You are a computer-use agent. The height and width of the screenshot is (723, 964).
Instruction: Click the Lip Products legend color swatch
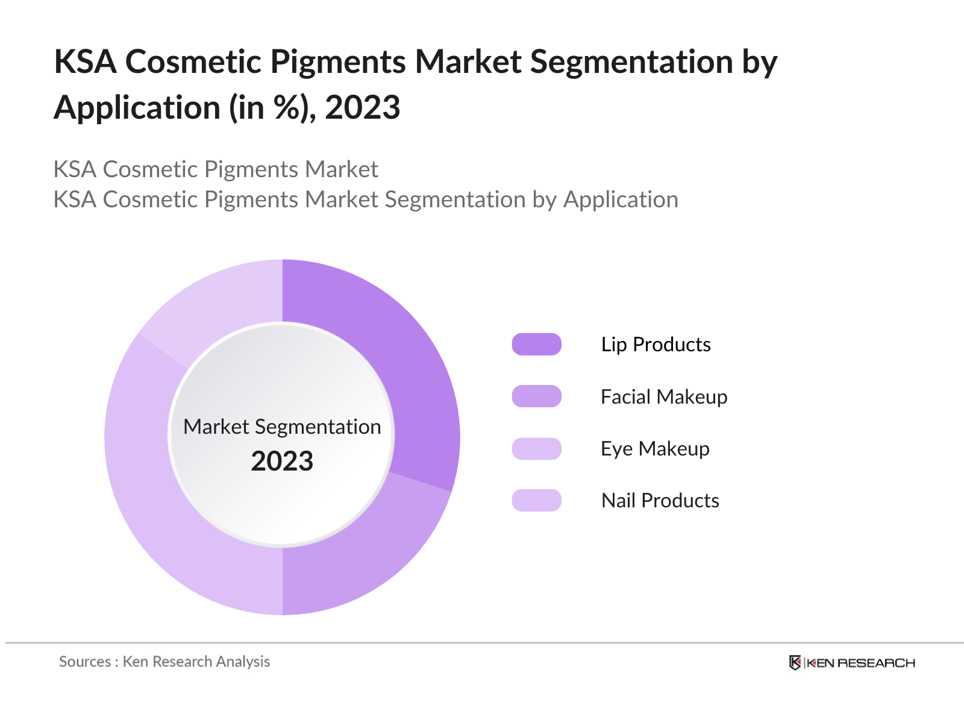click(x=536, y=344)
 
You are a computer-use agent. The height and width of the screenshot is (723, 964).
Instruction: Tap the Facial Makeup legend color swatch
click(x=536, y=396)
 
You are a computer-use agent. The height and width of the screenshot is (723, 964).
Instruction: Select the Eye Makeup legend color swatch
click(x=536, y=449)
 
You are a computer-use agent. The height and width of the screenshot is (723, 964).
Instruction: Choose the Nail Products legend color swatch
click(x=536, y=500)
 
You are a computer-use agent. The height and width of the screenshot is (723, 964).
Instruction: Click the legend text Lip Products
click(x=656, y=344)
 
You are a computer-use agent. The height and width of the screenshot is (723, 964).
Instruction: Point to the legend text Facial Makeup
click(x=664, y=396)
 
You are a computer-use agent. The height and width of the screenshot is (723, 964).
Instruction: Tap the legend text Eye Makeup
click(x=655, y=449)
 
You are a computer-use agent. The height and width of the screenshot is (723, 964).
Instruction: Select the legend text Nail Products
click(x=660, y=500)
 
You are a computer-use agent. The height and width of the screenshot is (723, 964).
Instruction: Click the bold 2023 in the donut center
click(x=282, y=462)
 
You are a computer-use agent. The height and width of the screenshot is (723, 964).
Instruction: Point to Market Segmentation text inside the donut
click(x=282, y=427)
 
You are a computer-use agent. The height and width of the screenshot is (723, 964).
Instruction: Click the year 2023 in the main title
click(x=363, y=108)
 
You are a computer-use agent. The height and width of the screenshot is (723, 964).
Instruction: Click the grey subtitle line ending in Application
click(x=366, y=199)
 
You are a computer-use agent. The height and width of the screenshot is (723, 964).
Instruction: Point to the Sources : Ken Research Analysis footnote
click(x=164, y=662)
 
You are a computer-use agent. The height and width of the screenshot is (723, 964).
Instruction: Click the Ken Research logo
click(x=852, y=663)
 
